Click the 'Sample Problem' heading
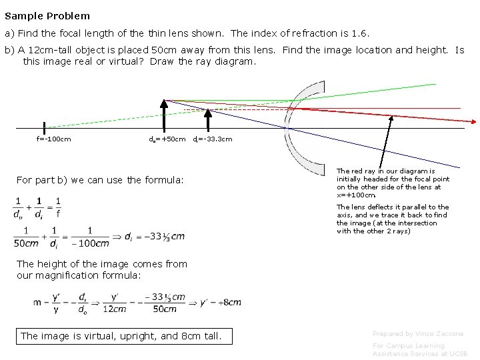47,15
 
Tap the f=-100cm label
54,139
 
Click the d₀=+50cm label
167,139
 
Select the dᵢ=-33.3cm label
213,139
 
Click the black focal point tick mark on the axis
44,127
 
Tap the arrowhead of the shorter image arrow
207,111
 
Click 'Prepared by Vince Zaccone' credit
418,333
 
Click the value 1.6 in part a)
360,33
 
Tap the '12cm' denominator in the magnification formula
114,309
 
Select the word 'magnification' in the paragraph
80,275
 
